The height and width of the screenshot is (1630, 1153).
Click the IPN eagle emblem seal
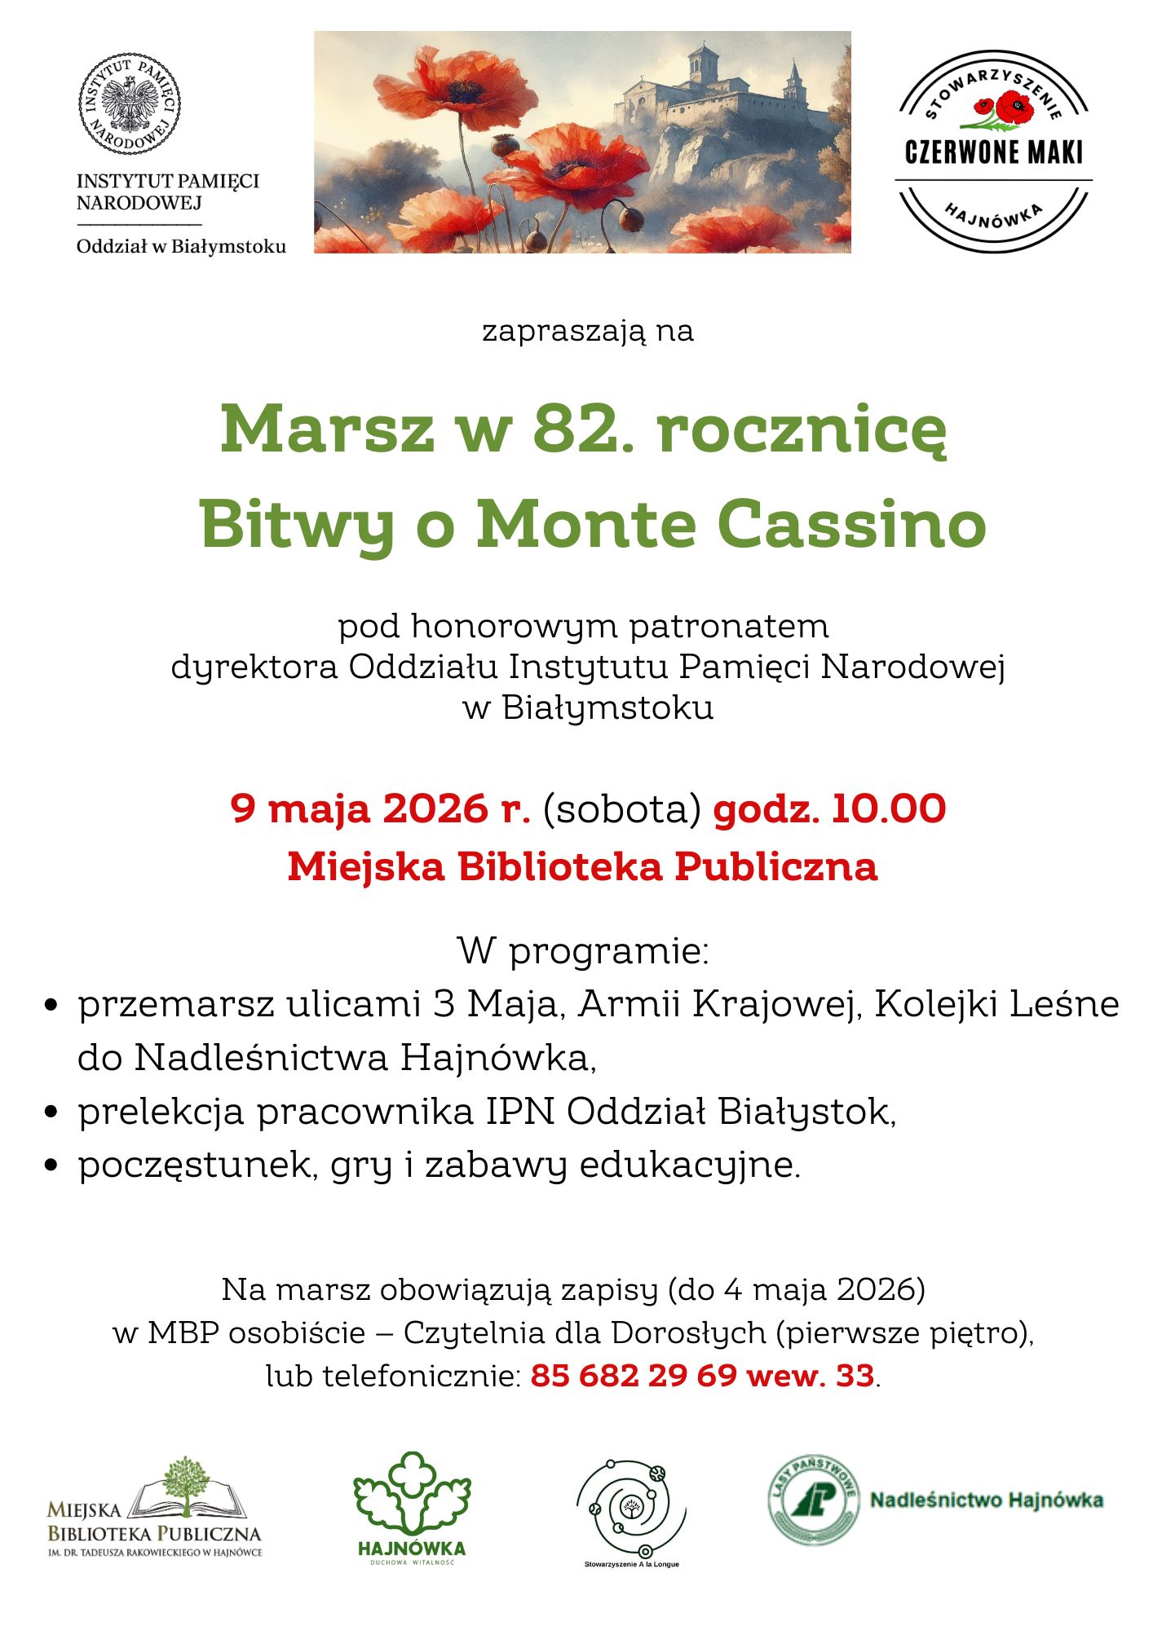tap(129, 104)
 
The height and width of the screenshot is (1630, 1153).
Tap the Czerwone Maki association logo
tap(993, 152)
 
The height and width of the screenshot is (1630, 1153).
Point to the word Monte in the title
tap(586, 524)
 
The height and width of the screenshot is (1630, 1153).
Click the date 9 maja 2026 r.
tap(380, 808)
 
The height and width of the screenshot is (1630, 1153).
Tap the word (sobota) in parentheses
tap(622, 809)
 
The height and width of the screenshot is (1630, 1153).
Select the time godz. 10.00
tap(829, 808)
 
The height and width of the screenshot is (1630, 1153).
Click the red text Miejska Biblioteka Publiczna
tap(582, 866)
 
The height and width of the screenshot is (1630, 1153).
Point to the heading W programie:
tap(583, 950)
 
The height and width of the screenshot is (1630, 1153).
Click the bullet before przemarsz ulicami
tap(51, 1005)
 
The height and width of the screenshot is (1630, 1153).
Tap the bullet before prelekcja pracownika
tap(51, 1112)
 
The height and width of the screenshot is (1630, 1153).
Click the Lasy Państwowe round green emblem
tap(814, 1500)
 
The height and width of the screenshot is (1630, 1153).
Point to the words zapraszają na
tap(587, 331)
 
